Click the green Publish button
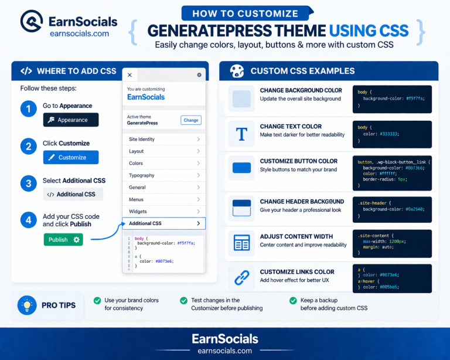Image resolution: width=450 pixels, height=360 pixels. [63, 240]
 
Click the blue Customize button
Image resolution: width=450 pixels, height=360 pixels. [71, 157]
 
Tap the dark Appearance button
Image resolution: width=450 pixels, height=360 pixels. [71, 120]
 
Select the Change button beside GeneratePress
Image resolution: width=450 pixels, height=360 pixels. [190, 120]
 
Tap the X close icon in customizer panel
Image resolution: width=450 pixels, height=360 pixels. [129, 75]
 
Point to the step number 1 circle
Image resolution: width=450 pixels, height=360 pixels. [28, 108]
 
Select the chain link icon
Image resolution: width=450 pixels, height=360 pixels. [241, 277]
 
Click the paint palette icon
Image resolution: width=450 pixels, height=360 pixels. [237, 71]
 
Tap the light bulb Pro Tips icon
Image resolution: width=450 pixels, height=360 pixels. [26, 305]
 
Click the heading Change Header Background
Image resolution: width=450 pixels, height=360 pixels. [302, 202]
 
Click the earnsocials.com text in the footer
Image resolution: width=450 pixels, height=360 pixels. [225, 351]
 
